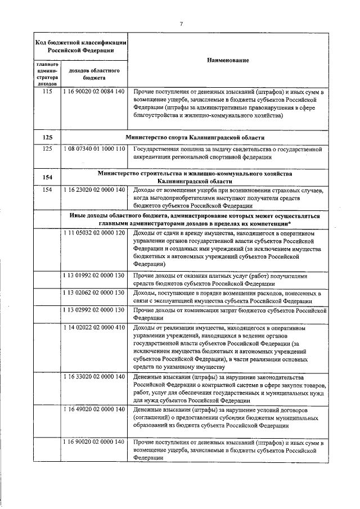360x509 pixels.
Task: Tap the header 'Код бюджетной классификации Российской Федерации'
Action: click(x=80, y=46)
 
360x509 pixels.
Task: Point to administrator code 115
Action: click(x=47, y=92)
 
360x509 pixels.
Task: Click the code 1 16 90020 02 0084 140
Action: click(x=93, y=92)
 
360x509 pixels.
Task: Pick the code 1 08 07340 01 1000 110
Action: click(x=93, y=150)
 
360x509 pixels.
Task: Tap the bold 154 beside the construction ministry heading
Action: click(x=47, y=178)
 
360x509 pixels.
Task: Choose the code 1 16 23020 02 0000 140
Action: click(x=93, y=190)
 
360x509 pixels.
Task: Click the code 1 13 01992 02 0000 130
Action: click(x=93, y=276)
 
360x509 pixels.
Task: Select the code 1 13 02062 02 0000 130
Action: click(x=93, y=293)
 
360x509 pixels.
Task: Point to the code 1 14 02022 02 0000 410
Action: click(x=93, y=327)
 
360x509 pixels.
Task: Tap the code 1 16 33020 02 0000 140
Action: click(x=93, y=392)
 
